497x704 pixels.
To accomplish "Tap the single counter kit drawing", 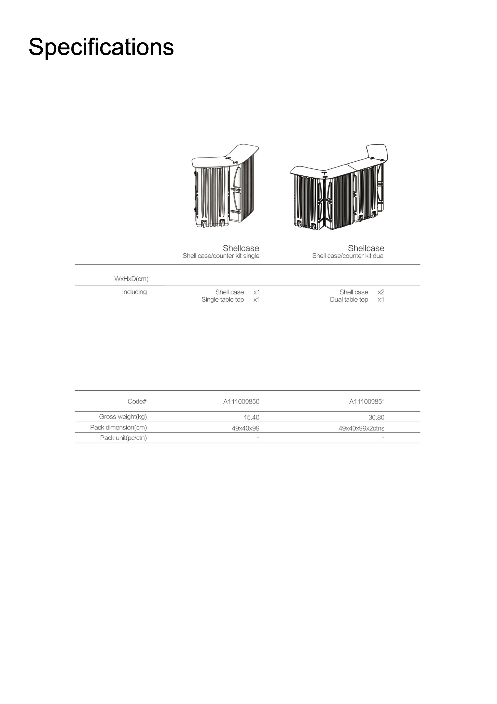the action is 225,186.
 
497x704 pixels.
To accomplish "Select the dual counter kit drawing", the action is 339,187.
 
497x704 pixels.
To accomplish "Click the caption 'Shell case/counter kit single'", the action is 221,256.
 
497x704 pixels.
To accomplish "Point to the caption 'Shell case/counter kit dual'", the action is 348,256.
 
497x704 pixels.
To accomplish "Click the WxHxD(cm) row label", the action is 131,279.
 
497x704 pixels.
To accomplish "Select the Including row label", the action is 134,292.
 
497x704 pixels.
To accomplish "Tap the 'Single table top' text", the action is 223,300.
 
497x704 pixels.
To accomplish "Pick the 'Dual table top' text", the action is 349,300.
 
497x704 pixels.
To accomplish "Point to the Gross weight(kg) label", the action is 123,417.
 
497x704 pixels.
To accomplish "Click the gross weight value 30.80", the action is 376,417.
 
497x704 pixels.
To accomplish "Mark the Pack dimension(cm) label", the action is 118,427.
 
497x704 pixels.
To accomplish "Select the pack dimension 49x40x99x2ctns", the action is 361,428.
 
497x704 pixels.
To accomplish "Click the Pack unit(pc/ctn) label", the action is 123,438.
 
